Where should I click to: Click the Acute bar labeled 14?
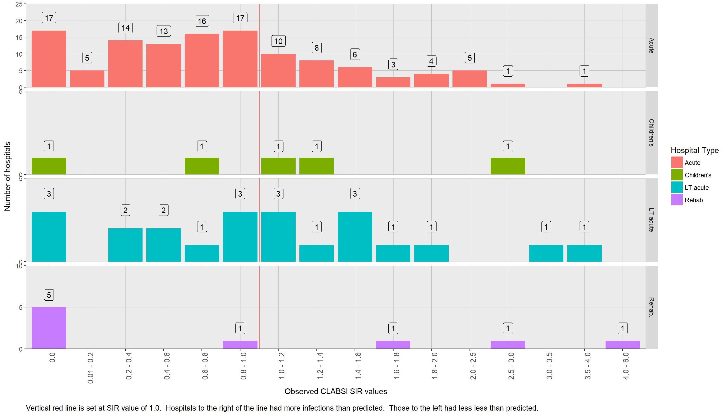coord(125,64)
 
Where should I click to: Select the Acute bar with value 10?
coord(278,71)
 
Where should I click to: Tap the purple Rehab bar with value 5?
coord(49,328)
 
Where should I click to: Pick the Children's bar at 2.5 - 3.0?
coord(508,166)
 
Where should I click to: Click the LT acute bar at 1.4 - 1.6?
coord(355,236)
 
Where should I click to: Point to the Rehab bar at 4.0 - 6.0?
coord(623,344)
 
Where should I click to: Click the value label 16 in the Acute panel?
coord(202,21)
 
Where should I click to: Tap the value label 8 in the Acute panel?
coord(316,48)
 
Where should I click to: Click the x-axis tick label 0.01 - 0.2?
coord(90,368)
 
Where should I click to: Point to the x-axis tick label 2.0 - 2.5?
coord(473,366)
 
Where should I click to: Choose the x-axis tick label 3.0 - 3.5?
coord(549,366)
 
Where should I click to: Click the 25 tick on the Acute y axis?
coord(19,4)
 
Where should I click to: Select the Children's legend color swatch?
coord(676,175)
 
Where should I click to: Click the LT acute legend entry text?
coord(696,188)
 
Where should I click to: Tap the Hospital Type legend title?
coord(695,150)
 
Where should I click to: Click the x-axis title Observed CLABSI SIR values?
coord(336,391)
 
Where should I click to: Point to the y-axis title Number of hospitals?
coord(7,176)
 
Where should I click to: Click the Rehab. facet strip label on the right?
coord(651,307)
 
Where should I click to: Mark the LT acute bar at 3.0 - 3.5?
coord(546,253)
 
